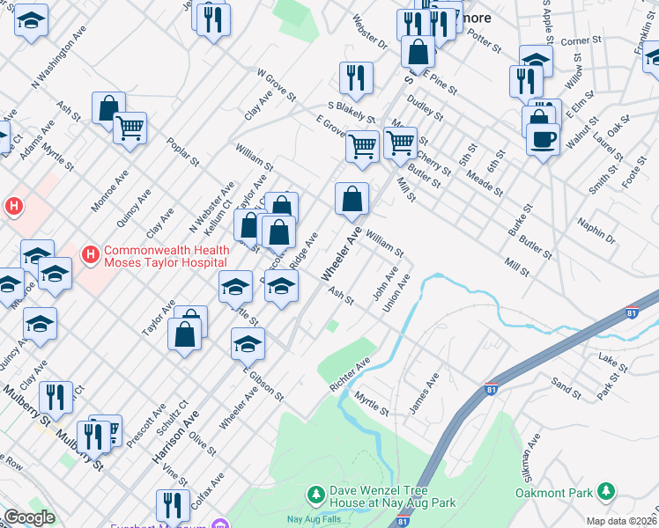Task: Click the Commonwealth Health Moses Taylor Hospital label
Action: tap(167, 256)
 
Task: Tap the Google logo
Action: tap(29, 517)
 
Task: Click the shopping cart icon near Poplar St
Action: tap(130, 129)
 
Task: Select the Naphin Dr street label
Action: tap(598, 232)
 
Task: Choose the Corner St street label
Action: tap(580, 40)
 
